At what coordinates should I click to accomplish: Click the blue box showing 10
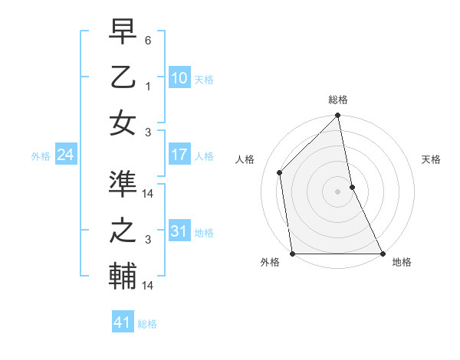179,77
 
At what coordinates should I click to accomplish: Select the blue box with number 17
179,155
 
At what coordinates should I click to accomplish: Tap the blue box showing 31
179,231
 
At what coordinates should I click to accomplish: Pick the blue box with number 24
65,155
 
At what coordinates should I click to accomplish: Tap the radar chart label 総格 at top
338,100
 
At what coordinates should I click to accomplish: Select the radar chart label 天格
431,159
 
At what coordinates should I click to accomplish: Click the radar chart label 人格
245,159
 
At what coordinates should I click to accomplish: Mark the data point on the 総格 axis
338,116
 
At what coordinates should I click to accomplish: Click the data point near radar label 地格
382,254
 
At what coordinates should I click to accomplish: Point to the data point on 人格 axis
280,172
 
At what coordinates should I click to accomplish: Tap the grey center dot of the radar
338,191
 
